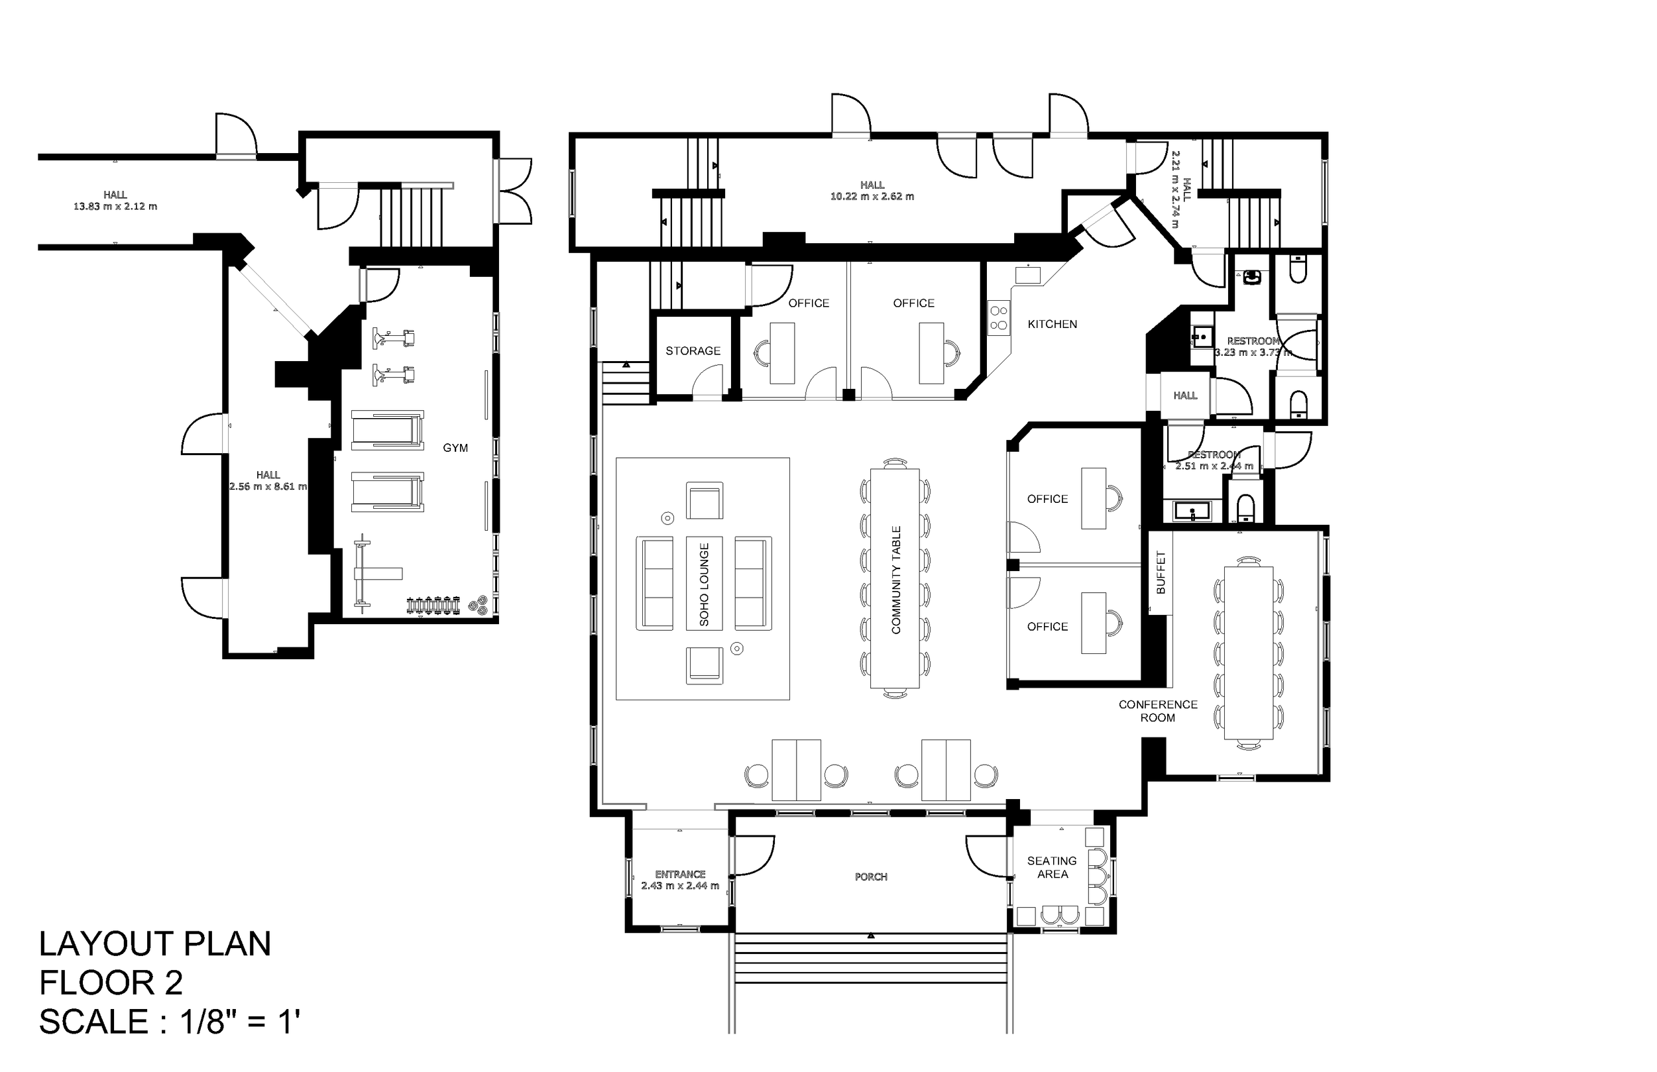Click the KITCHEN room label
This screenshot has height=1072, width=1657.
1052,325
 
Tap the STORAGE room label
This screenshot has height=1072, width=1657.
693,351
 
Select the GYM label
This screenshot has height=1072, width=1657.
455,449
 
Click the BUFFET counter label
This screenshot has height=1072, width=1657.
1161,573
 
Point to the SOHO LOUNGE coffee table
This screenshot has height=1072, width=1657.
704,583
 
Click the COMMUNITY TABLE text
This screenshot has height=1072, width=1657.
896,580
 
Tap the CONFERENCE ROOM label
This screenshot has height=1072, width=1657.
1158,711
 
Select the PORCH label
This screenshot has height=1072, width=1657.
871,877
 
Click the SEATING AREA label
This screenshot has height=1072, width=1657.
1052,867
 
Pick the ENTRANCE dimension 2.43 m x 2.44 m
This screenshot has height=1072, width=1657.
679,885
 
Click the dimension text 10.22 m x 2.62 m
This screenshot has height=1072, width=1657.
872,196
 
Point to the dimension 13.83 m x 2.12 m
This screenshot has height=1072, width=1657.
115,206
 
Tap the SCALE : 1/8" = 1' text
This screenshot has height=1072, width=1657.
169,1022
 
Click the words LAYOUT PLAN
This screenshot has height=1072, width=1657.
154,944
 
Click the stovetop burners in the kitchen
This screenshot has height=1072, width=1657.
998,318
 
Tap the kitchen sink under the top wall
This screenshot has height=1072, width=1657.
1027,275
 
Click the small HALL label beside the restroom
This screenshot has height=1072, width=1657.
1185,396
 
